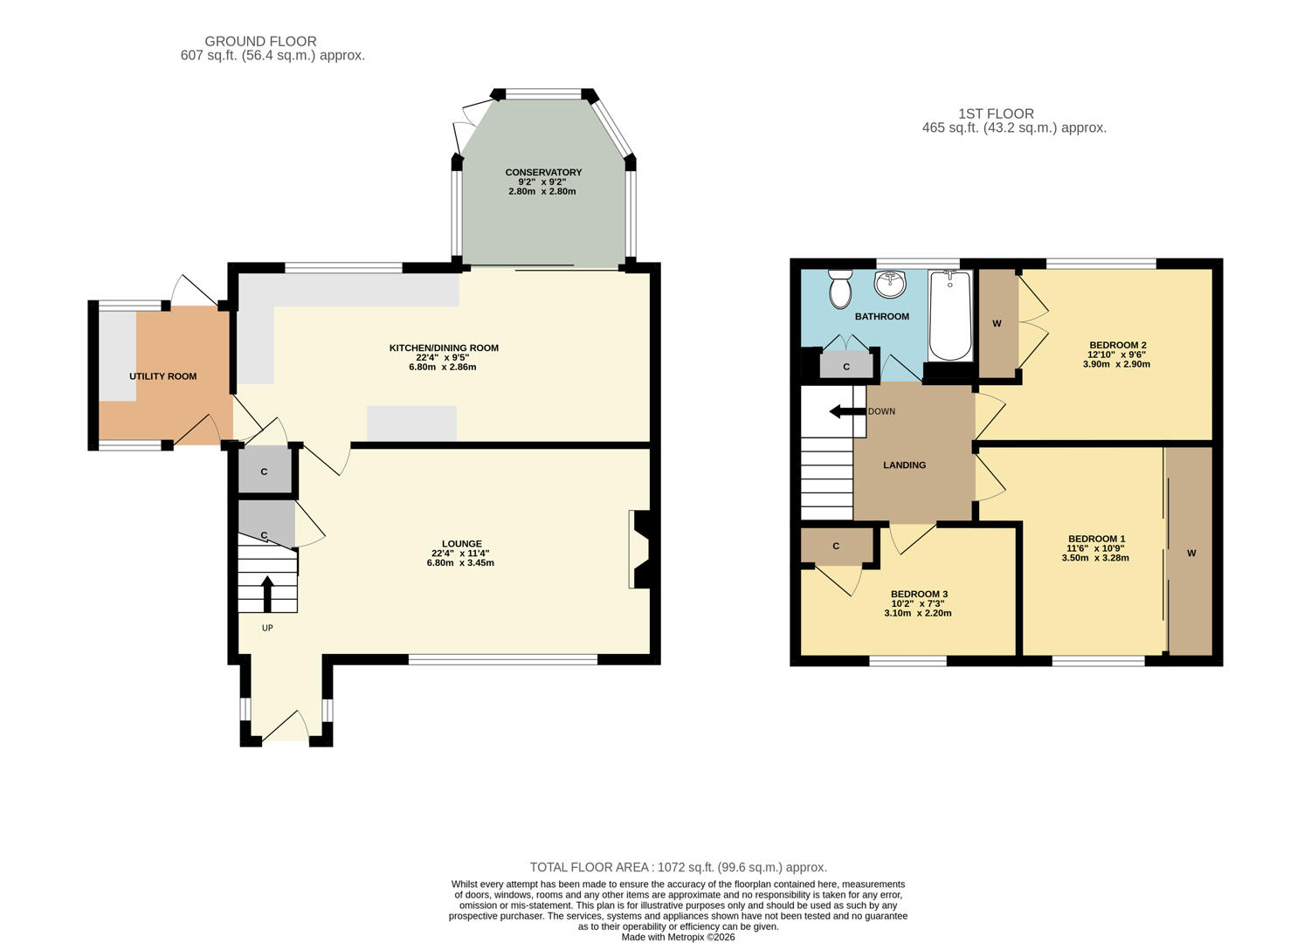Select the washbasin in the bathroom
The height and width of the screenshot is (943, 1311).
click(890, 283)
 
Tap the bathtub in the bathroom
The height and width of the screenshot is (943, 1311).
click(950, 315)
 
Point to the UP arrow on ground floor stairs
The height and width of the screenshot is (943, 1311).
click(267, 593)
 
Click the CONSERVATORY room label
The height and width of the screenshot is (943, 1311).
click(543, 172)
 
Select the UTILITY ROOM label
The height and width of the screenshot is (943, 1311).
click(163, 376)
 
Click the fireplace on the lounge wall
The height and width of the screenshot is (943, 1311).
click(638, 550)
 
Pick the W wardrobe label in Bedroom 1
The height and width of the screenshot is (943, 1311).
click(1191, 554)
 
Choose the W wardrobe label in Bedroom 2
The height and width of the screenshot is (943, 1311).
click(997, 324)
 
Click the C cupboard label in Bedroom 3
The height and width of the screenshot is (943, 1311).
click(836, 547)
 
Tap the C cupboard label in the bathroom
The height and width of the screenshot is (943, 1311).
click(846, 367)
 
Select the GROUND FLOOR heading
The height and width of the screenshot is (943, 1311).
click(260, 41)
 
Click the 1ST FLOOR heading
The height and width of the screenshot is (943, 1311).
click(996, 114)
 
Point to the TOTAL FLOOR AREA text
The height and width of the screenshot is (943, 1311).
click(678, 867)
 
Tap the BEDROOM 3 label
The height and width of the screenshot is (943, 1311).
click(919, 594)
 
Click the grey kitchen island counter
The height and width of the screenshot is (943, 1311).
click(411, 423)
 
